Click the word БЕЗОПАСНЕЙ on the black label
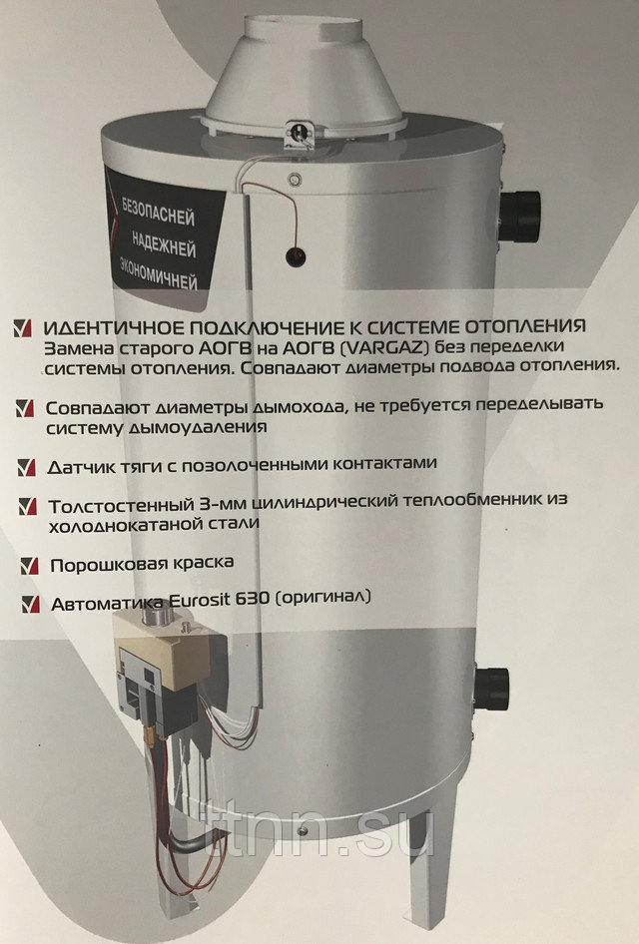point(159,211)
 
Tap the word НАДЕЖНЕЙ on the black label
point(164,243)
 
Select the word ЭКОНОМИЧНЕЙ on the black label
point(158,274)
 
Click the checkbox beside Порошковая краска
point(29,566)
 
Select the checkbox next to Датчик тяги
point(27,468)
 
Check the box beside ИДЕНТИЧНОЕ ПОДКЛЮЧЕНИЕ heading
point(22,328)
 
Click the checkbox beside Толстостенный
point(28,506)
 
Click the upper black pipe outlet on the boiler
point(520,217)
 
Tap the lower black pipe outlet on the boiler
point(492,689)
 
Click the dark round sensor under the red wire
point(296,256)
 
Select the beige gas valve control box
point(162,646)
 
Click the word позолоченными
point(248,465)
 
